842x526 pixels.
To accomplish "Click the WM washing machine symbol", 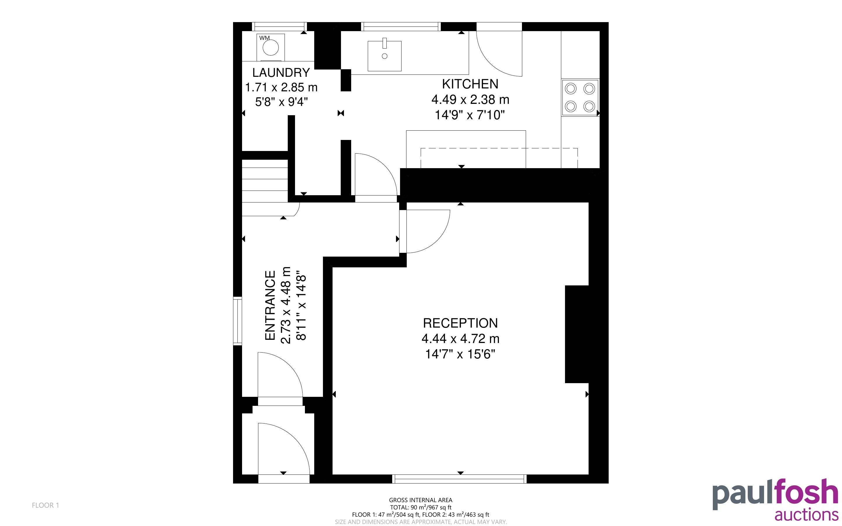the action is click(271, 47).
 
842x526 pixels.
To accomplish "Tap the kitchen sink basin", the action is click(384, 56).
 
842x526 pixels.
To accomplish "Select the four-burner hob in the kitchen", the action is click(580, 98).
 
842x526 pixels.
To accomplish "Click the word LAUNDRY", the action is click(281, 73).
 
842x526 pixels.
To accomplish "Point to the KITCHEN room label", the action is click(470, 84).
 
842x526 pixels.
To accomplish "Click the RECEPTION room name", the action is click(460, 323).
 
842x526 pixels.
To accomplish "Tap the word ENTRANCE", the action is click(270, 305).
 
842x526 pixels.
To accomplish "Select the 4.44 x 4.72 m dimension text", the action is click(461, 338).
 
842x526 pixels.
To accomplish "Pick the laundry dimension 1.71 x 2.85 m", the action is click(281, 87).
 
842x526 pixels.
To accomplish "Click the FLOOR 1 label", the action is click(46, 505).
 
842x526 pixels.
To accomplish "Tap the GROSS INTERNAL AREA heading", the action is click(420, 500).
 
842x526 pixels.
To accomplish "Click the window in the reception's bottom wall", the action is click(459, 479).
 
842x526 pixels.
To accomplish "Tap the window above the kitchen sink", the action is click(401, 26).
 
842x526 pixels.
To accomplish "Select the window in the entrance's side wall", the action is click(237, 321).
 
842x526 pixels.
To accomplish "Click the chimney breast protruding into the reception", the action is click(577, 334).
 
